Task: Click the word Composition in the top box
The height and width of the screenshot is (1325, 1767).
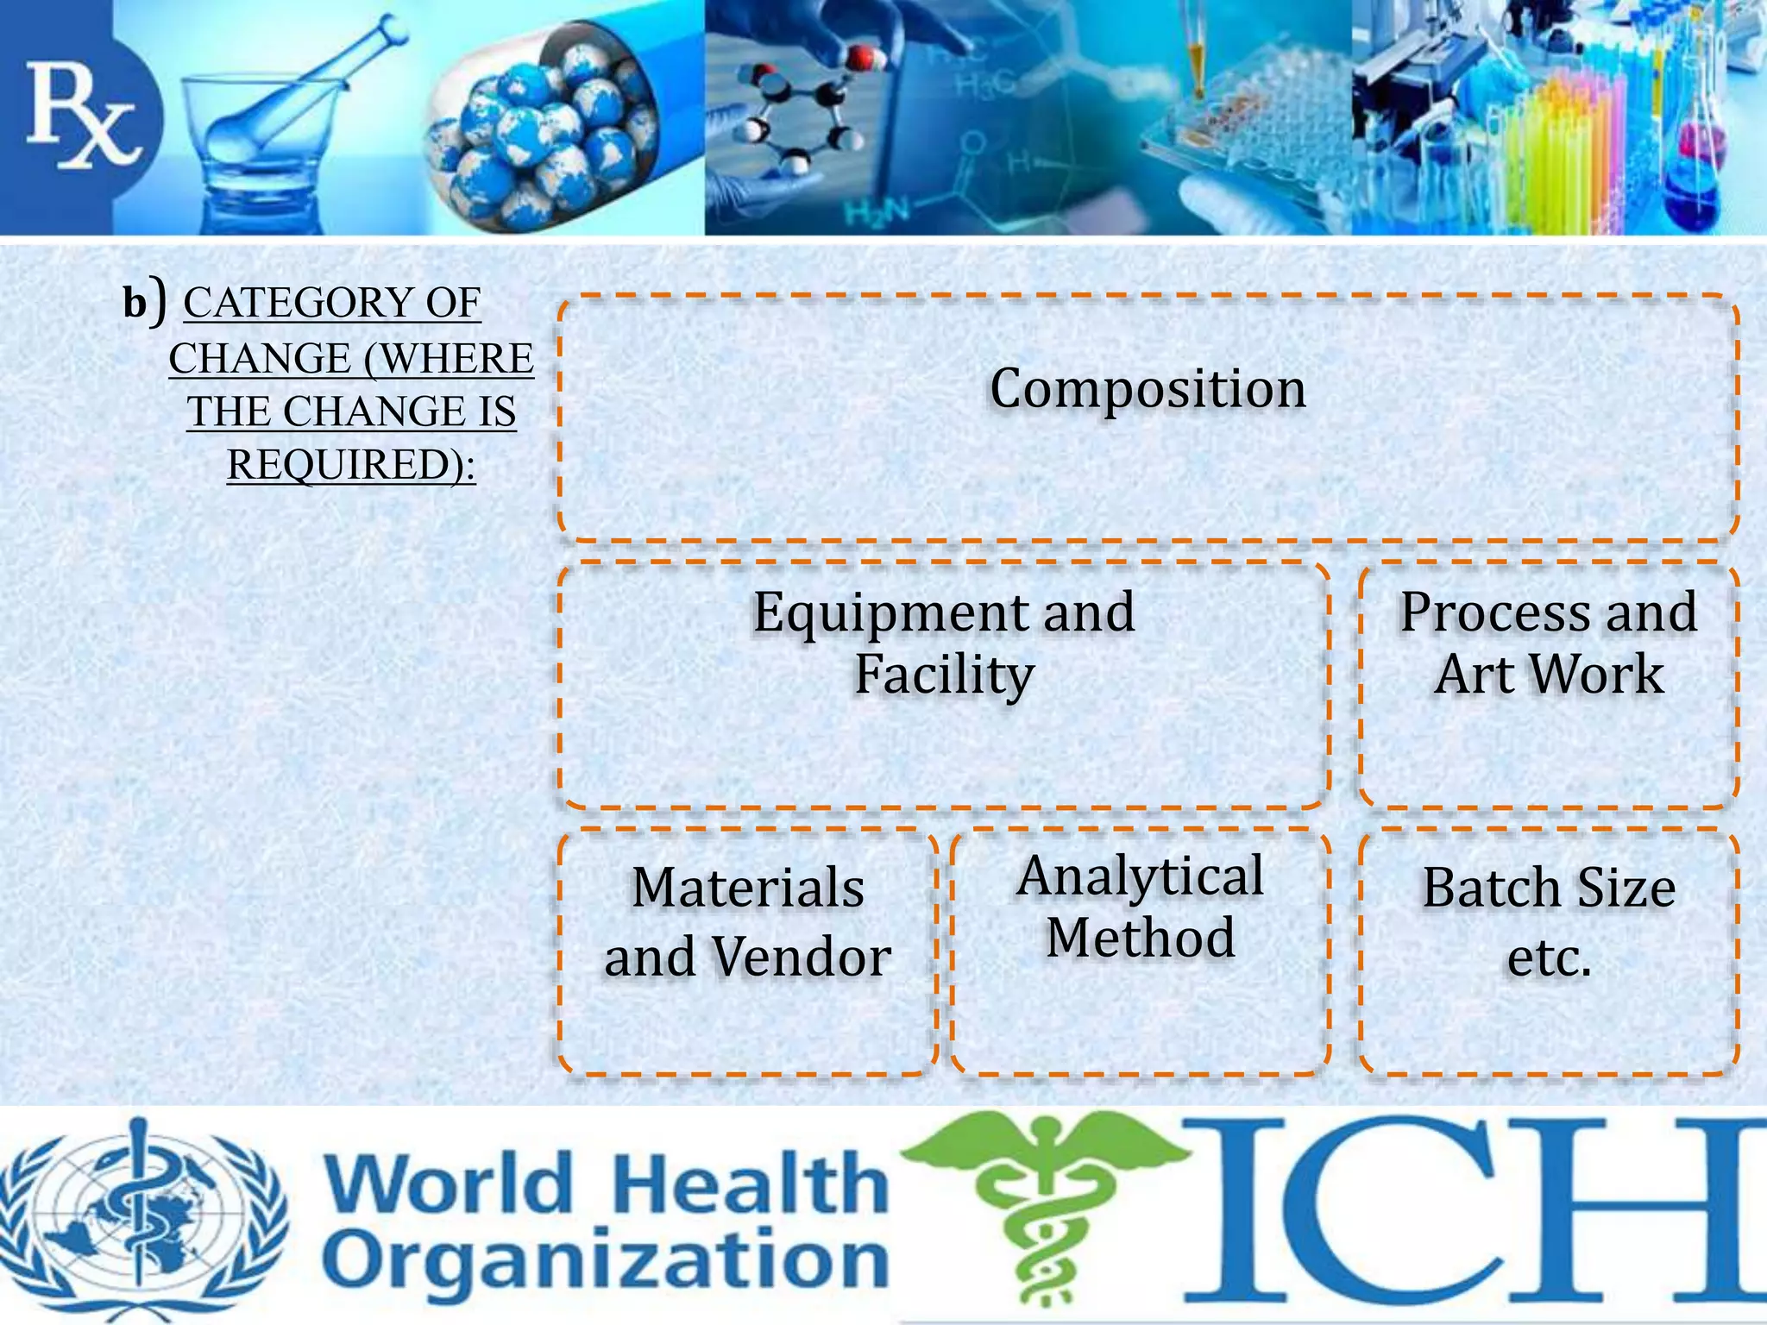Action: (x=1147, y=389)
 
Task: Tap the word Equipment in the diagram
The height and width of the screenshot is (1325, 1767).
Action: (x=889, y=614)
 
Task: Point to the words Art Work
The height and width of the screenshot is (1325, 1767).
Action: (x=1549, y=675)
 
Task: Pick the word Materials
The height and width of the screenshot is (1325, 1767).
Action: (x=747, y=889)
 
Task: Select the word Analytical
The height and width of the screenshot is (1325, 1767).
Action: (x=1140, y=876)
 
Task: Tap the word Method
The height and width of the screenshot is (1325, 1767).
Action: (x=1140, y=939)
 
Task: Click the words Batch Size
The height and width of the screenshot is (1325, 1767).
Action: (x=1549, y=889)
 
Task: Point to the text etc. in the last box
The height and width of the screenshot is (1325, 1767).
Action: (x=1549, y=958)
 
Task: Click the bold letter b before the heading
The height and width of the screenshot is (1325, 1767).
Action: (x=135, y=304)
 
